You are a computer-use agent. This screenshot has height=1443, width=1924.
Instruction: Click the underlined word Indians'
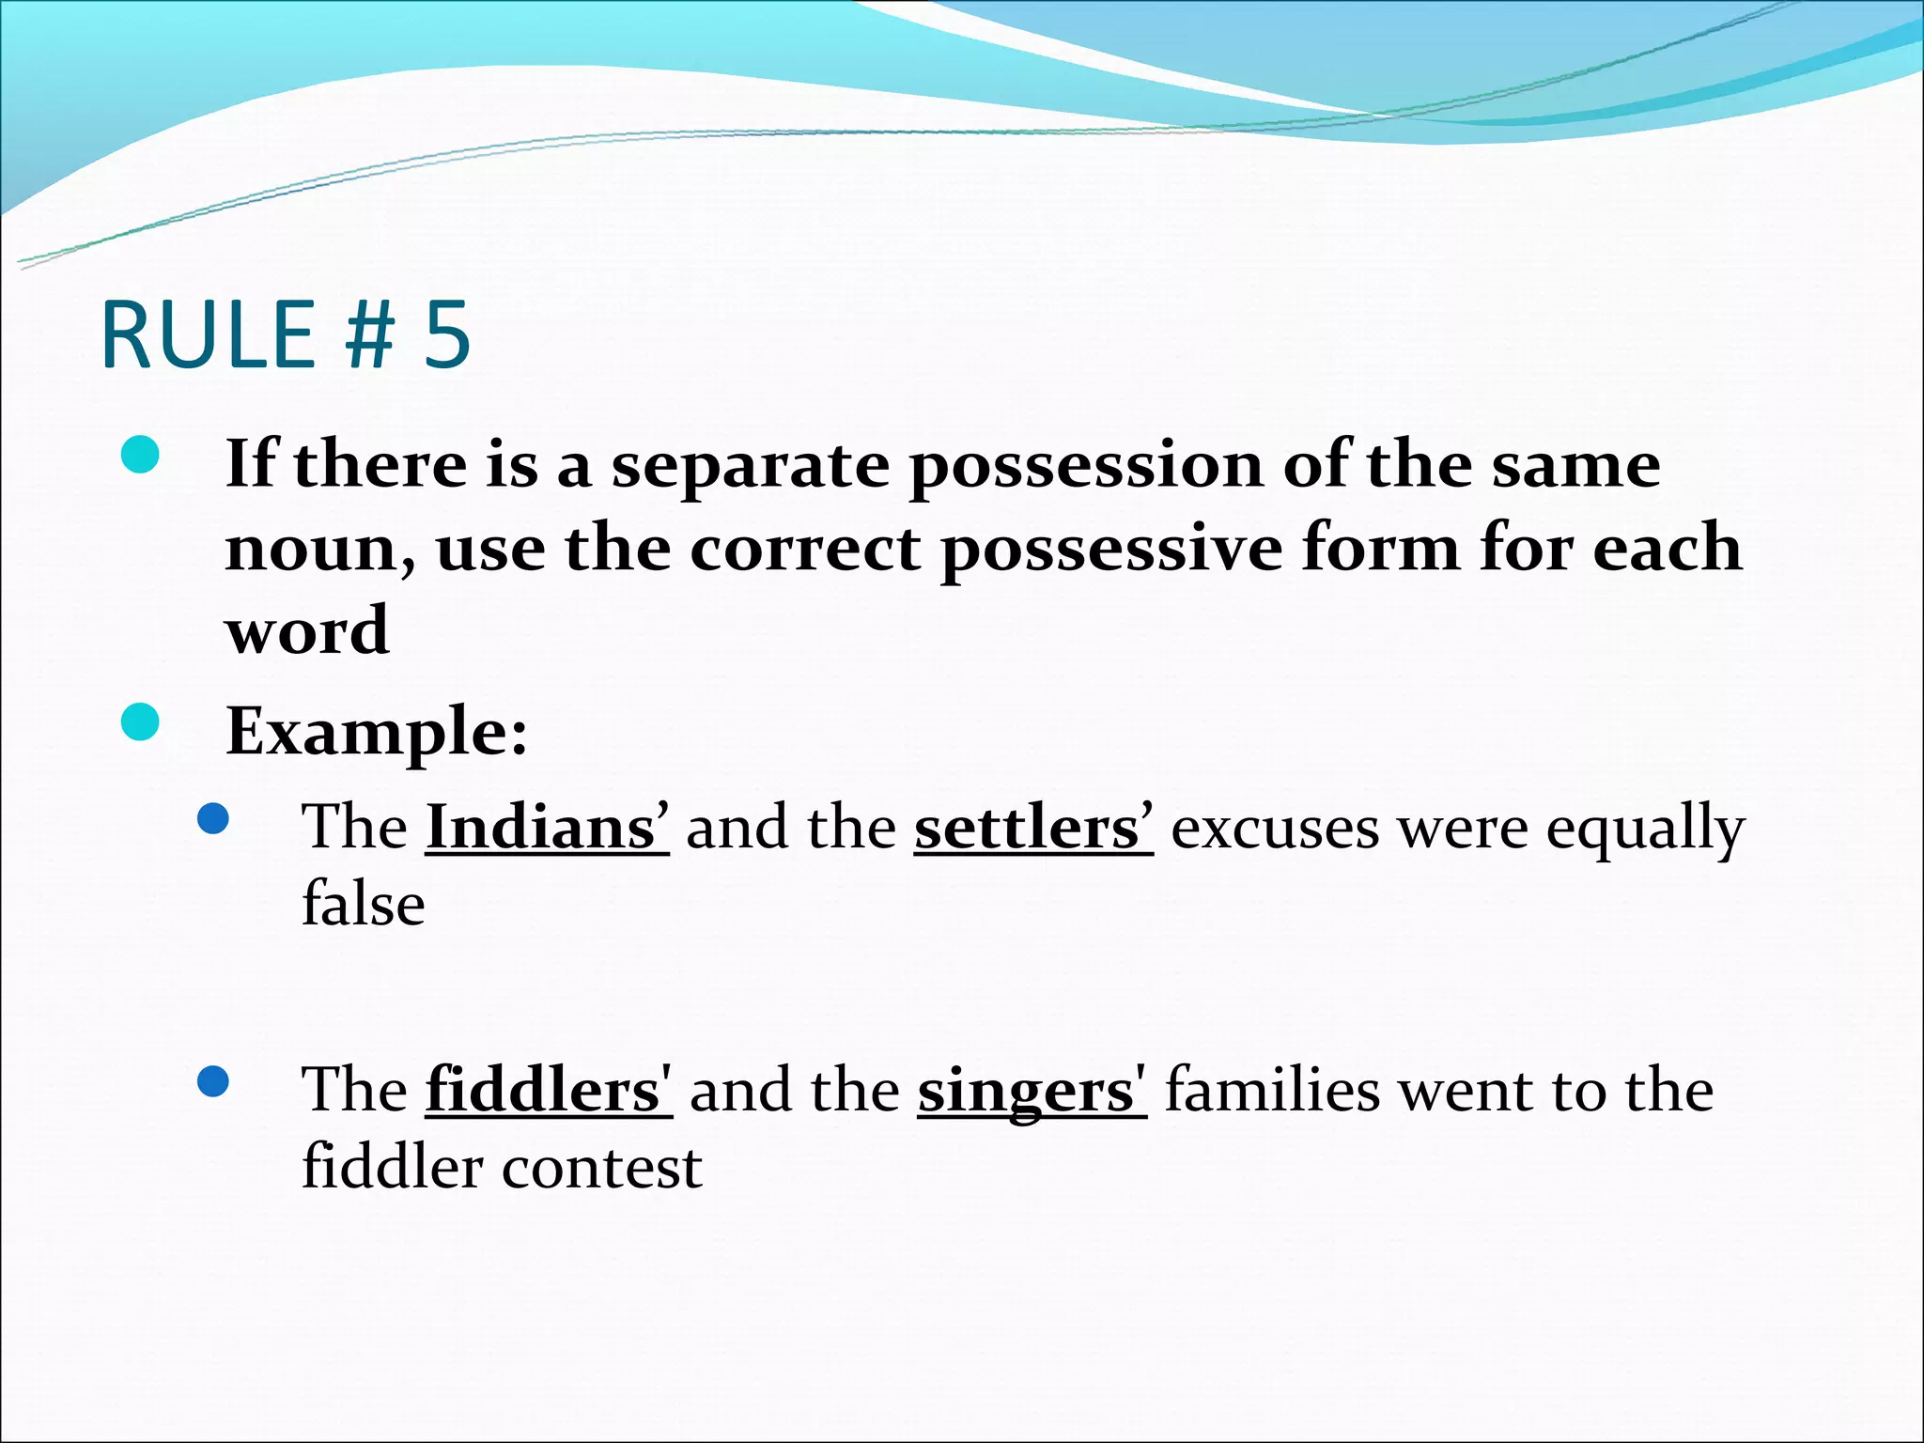coord(547,828)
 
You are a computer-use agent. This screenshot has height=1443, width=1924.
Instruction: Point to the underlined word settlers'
coord(1032,828)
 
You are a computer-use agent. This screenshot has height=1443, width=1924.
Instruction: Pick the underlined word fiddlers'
coord(549,1091)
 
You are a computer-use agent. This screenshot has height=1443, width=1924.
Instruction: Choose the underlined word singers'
coord(1032,1093)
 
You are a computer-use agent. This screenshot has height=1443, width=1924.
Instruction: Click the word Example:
coord(377,732)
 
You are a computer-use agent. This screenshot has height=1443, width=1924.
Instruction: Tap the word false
coord(364,904)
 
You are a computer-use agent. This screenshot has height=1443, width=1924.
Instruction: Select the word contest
coord(601,1168)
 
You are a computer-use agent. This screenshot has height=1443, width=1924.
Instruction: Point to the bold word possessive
coord(1112,549)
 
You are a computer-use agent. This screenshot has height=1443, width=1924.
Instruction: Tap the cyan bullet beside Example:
coord(141,721)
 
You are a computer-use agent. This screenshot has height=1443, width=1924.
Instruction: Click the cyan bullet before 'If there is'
coord(141,455)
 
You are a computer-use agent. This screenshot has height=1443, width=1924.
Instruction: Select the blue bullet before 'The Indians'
coord(214,819)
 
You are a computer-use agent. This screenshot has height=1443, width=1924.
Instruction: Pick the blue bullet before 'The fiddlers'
coord(214,1082)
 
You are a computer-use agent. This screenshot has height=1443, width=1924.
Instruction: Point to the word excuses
coord(1276,829)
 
